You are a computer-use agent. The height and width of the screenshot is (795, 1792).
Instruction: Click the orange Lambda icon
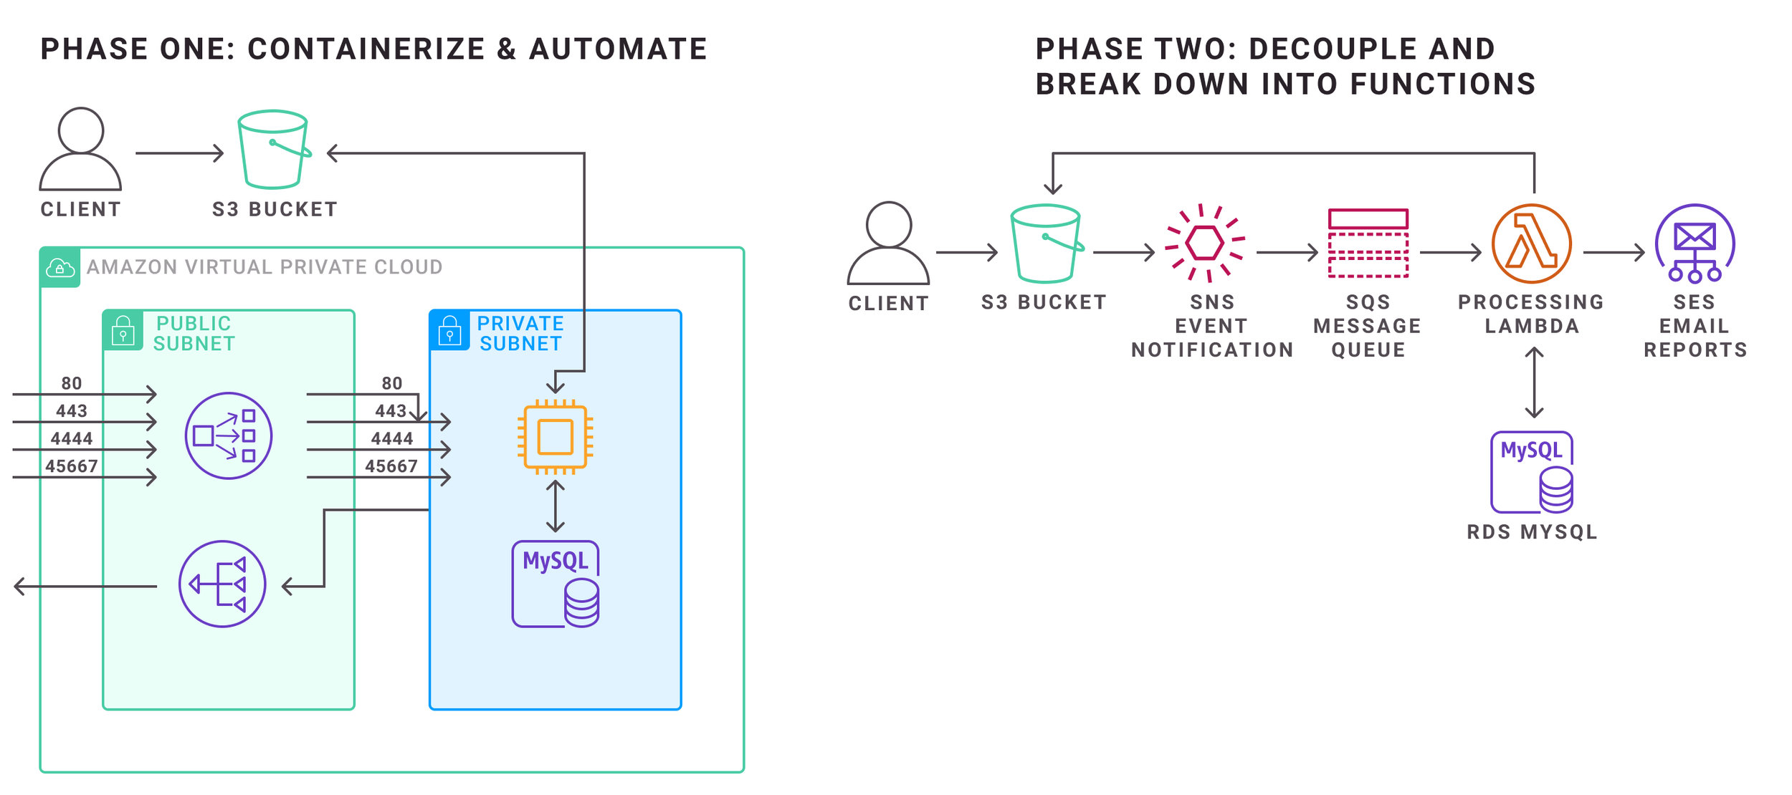1531,244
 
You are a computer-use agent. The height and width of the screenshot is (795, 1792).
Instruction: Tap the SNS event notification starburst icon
1204,244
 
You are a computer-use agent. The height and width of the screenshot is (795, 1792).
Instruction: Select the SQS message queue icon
1368,244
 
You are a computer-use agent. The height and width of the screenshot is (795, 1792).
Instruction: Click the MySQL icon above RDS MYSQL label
1532,472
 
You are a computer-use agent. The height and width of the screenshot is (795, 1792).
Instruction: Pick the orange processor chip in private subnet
556,437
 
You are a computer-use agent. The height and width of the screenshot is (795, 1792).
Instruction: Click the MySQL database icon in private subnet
556,584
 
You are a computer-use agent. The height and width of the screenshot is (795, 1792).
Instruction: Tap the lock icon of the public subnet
123,331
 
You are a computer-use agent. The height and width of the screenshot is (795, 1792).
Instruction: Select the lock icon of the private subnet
449,331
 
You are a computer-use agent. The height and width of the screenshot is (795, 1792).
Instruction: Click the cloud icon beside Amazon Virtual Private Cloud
60,268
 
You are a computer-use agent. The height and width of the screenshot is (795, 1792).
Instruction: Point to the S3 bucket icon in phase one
273,149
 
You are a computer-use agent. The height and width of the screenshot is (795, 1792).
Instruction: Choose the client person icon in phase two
888,244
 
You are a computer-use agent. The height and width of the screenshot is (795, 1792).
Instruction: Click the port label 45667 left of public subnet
72,466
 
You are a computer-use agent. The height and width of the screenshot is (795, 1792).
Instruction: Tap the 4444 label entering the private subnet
391,438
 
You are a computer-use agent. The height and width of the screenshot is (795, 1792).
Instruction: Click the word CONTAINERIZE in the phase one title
366,49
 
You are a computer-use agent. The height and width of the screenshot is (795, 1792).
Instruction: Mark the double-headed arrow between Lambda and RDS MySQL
1534,382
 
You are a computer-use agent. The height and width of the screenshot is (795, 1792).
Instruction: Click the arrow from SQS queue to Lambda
1450,252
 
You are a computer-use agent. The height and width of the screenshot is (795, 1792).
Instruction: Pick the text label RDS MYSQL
1532,532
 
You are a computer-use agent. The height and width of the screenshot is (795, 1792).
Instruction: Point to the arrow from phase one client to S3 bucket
179,153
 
